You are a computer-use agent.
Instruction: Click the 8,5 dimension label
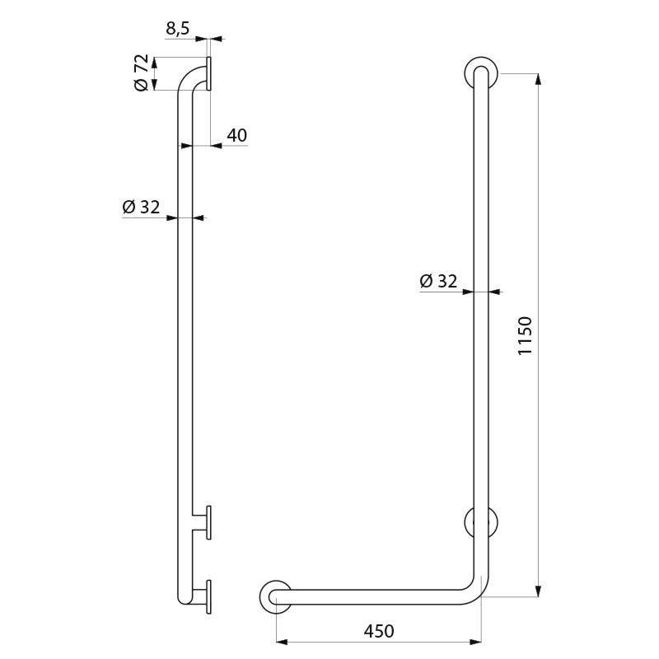178,28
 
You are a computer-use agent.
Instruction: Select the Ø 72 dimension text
141,73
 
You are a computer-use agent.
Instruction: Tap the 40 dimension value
236,135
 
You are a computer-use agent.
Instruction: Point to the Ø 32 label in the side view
141,208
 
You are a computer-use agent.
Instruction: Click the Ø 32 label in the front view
438,281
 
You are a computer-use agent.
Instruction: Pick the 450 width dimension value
378,631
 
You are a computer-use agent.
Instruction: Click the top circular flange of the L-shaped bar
480,72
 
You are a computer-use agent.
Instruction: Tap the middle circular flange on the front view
480,522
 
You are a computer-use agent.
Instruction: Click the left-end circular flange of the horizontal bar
274,596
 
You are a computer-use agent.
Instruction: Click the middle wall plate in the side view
209,522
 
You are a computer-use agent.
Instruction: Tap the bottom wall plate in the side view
209,596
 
